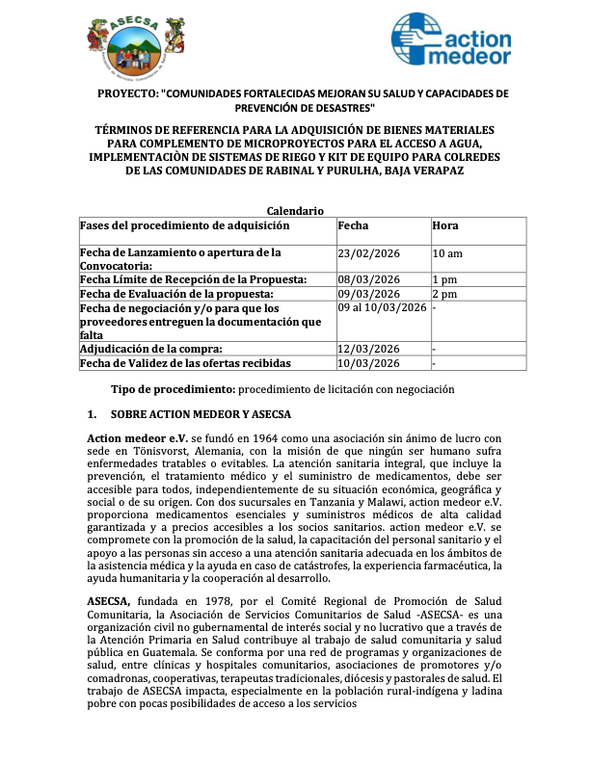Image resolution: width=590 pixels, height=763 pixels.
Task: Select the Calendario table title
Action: pyautogui.click(x=295, y=211)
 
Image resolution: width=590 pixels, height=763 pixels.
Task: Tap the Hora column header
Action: pyautogui.click(x=445, y=225)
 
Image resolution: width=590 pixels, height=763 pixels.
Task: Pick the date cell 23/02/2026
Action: pyautogui.click(x=369, y=253)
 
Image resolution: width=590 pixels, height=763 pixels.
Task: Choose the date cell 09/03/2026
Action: pyautogui.click(x=369, y=294)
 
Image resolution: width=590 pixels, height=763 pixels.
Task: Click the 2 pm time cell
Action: pyautogui.click(x=443, y=294)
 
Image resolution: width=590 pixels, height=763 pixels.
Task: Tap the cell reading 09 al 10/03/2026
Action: pyautogui.click(x=382, y=307)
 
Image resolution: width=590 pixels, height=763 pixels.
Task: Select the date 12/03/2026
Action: pyautogui.click(x=369, y=349)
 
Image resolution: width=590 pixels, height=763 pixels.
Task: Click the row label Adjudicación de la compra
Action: pyautogui.click(x=151, y=349)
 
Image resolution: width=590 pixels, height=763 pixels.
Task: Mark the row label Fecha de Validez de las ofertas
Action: pyautogui.click(x=184, y=363)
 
